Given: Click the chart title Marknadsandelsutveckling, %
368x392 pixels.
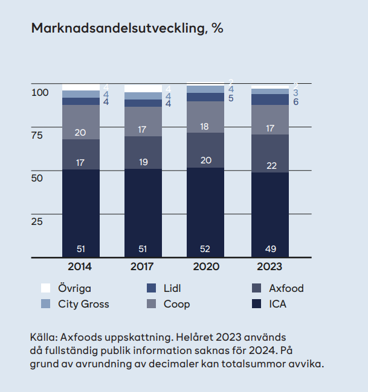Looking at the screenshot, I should [x=127, y=29].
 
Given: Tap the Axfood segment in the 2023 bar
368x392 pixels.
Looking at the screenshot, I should [x=270, y=153].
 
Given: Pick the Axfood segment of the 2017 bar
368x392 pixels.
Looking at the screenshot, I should [x=143, y=153].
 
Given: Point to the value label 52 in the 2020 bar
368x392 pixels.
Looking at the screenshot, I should [x=206, y=248].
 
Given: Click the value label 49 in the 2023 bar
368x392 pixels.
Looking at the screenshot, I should [x=270, y=248].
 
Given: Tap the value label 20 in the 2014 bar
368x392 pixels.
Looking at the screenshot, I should [x=81, y=133].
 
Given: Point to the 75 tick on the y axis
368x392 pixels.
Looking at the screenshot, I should [x=37, y=136].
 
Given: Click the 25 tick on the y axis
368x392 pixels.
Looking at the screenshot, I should [x=37, y=221].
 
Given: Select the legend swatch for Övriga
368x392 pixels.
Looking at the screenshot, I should [x=45, y=288].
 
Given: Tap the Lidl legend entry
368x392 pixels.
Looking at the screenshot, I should [x=172, y=288].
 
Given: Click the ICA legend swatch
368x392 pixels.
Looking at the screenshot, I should [x=256, y=304].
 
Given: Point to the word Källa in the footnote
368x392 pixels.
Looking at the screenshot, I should [x=43, y=337].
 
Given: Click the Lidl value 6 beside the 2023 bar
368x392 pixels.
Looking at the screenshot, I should [x=295, y=103].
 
